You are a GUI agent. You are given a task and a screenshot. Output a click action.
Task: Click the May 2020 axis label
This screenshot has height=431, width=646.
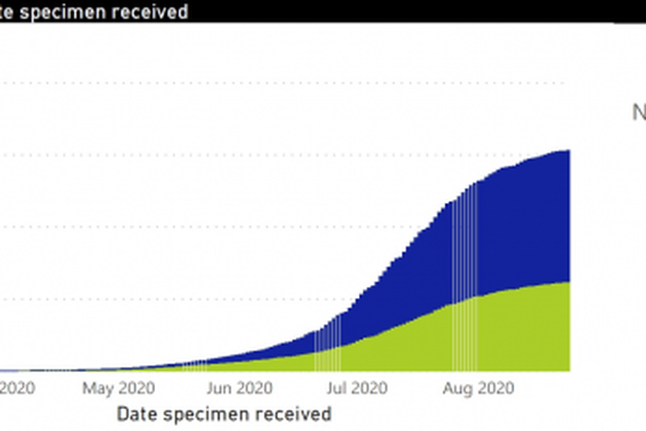click(x=118, y=388)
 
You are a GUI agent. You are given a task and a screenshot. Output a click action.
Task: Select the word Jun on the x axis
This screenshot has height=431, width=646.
click(x=219, y=388)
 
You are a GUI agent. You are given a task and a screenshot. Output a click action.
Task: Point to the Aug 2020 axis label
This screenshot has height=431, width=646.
click(x=477, y=388)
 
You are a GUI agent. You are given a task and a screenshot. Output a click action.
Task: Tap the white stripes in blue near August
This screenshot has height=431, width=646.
click(x=464, y=240)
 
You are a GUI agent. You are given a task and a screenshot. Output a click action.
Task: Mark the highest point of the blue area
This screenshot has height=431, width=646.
click(x=568, y=151)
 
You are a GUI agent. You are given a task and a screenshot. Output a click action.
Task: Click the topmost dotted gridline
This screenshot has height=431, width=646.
click(x=277, y=83)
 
